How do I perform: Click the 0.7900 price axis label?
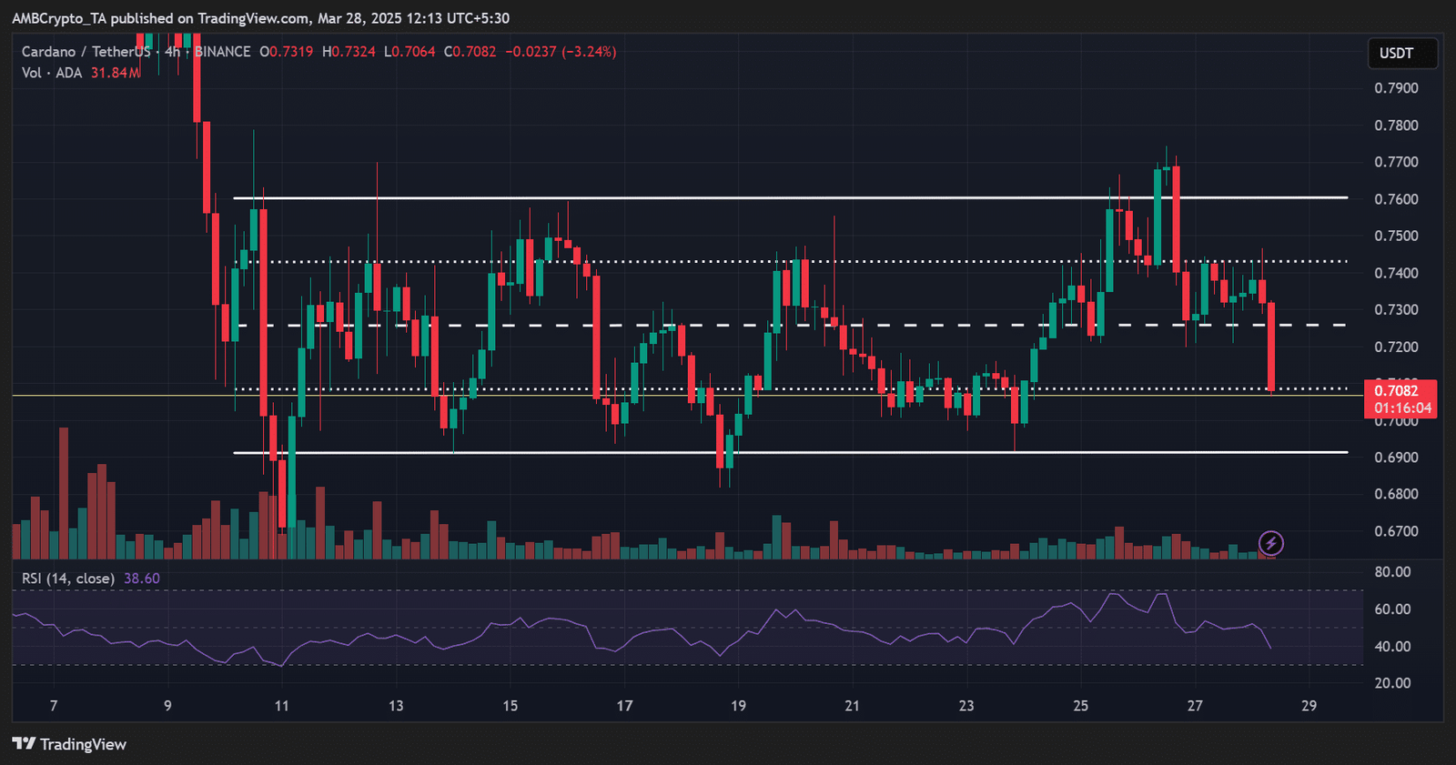click(x=1396, y=88)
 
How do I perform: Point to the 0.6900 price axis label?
click(x=1396, y=458)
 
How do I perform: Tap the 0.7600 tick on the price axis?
click(x=1396, y=199)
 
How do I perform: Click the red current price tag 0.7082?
click(x=1400, y=391)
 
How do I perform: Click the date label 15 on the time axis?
click(x=510, y=706)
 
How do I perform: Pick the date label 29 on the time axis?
click(x=1309, y=706)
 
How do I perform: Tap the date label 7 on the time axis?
click(x=54, y=706)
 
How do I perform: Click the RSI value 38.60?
click(x=141, y=579)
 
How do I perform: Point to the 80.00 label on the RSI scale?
click(x=1392, y=572)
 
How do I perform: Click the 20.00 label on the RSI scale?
click(x=1392, y=683)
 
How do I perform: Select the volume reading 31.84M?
click(x=116, y=73)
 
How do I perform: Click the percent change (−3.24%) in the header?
click(x=589, y=52)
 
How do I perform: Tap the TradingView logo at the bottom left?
click(x=69, y=744)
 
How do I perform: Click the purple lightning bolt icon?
click(x=1270, y=544)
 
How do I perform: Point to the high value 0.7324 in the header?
click(x=352, y=52)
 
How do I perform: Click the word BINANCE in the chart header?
click(x=223, y=52)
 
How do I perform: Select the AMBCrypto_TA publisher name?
click(x=59, y=18)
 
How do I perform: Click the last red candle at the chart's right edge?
click(x=1271, y=346)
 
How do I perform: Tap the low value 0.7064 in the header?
click(x=413, y=52)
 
